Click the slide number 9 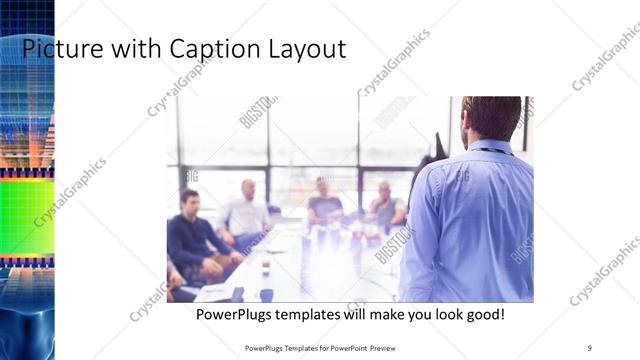coord(590,347)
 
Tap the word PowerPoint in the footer coord(344,347)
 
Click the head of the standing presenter coord(492,118)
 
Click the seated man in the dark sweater coord(189,235)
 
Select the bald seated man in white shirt coord(246,212)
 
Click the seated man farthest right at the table coord(385,205)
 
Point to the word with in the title coord(133,48)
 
